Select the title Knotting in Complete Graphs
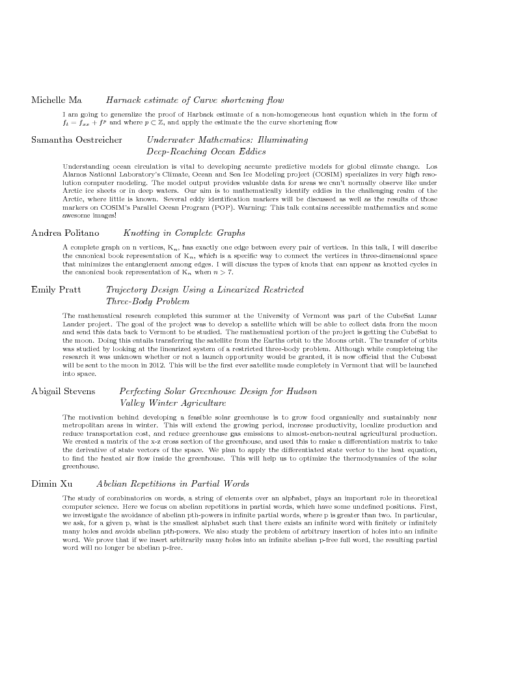pos(184,233)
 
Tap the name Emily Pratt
pos(56,289)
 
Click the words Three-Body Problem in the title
pos(148,302)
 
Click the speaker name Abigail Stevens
pos(63,391)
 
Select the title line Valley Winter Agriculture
pos(172,403)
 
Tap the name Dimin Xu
pos(53,466)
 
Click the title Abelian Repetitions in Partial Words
pos(172,466)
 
